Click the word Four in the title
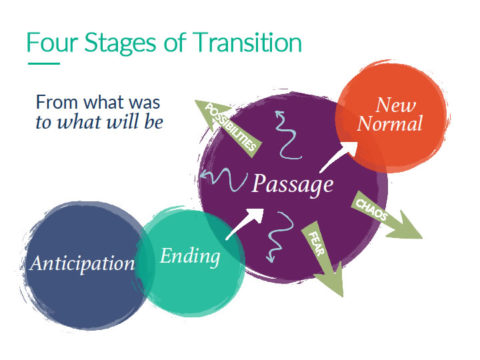pyautogui.click(x=51, y=44)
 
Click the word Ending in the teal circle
pyautogui.click(x=189, y=256)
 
